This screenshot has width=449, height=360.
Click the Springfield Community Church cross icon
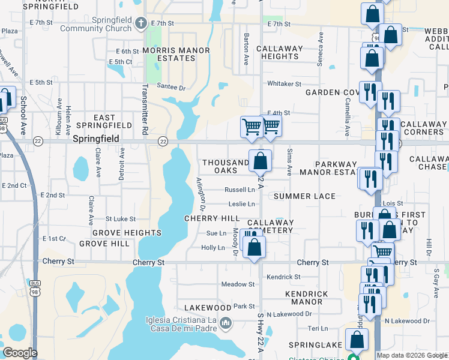[x=140, y=24]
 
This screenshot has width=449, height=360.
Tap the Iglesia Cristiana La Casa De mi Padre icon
[x=226, y=324]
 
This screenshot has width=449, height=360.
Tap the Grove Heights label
[x=127, y=232]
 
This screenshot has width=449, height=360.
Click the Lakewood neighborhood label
[x=208, y=308]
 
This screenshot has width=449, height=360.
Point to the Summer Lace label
[x=304, y=196]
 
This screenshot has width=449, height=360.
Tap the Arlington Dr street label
[x=201, y=193]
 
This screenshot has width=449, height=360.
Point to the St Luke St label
[x=121, y=220]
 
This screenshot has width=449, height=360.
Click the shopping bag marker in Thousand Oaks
[x=261, y=161]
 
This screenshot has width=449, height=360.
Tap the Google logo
[x=19, y=352]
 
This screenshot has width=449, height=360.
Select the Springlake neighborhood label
[x=315, y=345]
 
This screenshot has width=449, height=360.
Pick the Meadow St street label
[x=238, y=284]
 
